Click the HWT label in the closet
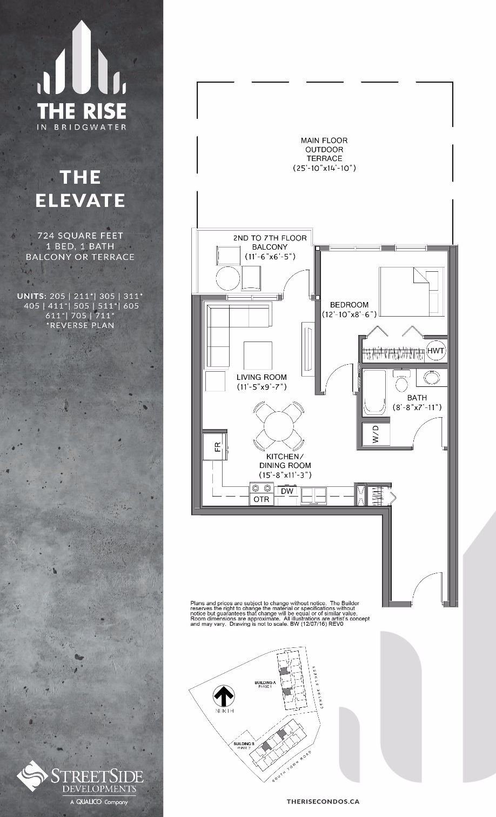click(x=435, y=351)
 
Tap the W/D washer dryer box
click(x=375, y=434)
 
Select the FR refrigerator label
click(x=217, y=446)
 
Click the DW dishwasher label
click(x=287, y=491)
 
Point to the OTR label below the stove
click(x=262, y=499)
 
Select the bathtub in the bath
click(x=374, y=393)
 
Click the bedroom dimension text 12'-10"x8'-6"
click(x=349, y=314)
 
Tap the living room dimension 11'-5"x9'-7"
click(x=262, y=387)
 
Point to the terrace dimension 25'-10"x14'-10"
click(x=324, y=168)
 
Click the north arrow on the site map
click(x=224, y=696)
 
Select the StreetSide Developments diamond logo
click(x=32, y=776)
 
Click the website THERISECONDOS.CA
click(x=323, y=802)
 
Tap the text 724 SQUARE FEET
click(x=81, y=236)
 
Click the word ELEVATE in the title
click(x=81, y=200)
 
